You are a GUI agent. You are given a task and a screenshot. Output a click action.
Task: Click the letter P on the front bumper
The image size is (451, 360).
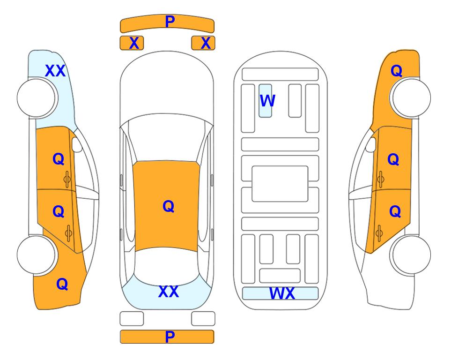tap(170, 22)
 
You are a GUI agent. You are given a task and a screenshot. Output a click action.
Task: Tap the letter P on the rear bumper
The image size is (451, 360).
tap(170, 337)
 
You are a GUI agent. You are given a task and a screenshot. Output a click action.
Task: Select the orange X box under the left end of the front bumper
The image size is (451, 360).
tap(132, 43)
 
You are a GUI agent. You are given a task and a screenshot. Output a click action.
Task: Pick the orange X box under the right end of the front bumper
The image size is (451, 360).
tap(203, 43)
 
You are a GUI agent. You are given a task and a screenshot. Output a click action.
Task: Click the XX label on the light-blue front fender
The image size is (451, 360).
tap(55, 71)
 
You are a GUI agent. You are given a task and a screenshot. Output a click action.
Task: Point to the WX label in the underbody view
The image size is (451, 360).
tap(282, 293)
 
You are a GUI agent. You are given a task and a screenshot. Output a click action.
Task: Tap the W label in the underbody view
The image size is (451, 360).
tap(267, 101)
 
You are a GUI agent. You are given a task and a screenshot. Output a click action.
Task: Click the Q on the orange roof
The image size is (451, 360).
tap(169, 206)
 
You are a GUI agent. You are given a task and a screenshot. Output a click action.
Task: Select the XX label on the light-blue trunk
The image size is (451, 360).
tap(169, 292)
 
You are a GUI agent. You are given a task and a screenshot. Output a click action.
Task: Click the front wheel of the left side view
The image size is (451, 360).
tap(37, 98)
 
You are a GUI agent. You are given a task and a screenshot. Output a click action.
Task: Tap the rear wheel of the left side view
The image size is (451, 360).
tap(37, 255)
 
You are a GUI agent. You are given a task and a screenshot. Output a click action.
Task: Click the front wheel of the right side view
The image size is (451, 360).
tap(411, 98)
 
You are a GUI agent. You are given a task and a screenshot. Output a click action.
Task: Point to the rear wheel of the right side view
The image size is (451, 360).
tap(411, 255)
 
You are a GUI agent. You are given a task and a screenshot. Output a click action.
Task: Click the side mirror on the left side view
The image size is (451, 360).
tap(77, 144)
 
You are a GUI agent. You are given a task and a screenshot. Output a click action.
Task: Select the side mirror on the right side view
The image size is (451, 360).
tap(371, 144)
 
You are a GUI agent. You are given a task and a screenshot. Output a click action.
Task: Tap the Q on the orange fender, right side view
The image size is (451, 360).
tap(396, 71)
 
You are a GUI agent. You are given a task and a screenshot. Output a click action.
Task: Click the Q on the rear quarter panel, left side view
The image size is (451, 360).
tap(62, 284)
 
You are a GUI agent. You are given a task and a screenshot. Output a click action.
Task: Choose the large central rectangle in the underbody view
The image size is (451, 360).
tap(280, 184)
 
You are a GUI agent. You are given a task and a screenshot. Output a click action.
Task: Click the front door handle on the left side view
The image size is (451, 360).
tap(67, 180)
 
